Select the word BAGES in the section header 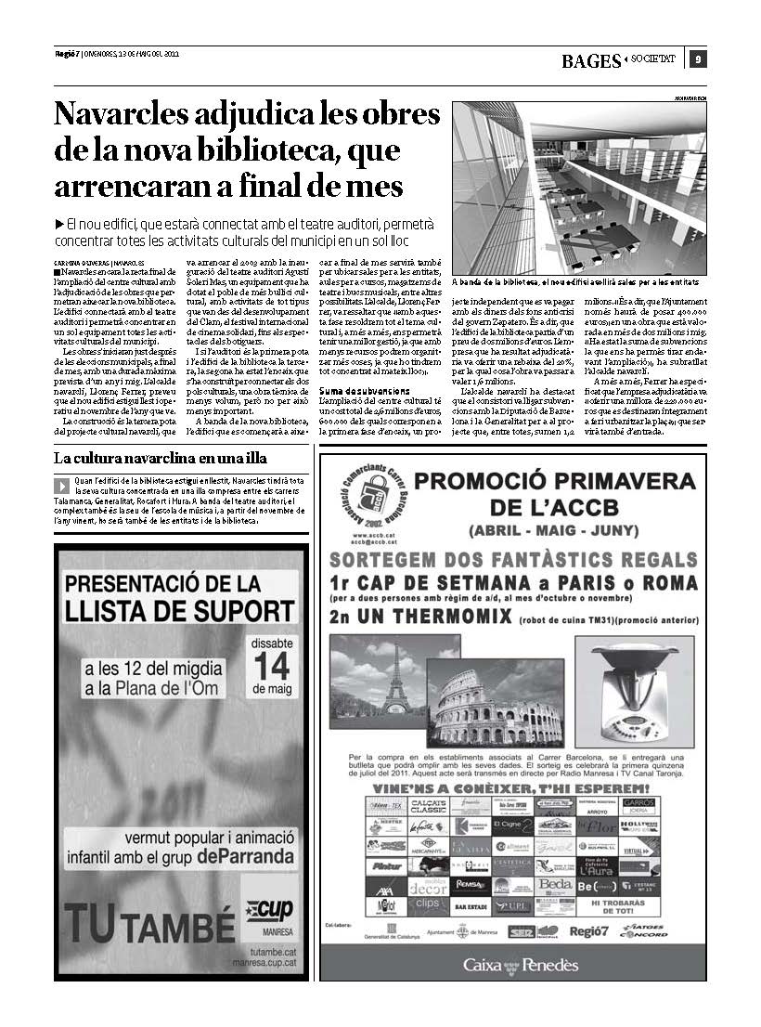coord(591,61)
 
